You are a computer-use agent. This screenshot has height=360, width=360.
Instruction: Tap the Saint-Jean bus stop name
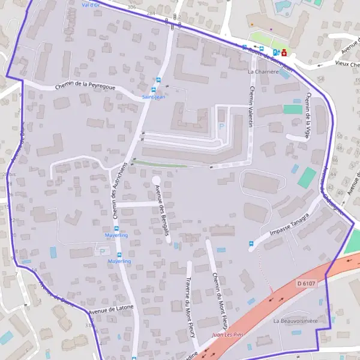click(x=153, y=97)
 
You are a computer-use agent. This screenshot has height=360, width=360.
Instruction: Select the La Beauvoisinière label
click(x=295, y=322)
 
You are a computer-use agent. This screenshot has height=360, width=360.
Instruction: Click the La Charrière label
click(x=264, y=71)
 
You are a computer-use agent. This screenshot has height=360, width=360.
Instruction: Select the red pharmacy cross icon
click(x=284, y=52)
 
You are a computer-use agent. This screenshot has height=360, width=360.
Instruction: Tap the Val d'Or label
click(x=90, y=4)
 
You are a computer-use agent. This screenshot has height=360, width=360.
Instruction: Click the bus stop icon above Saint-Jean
click(x=158, y=80)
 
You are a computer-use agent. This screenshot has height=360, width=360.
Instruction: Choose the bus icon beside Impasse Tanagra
click(x=251, y=244)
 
